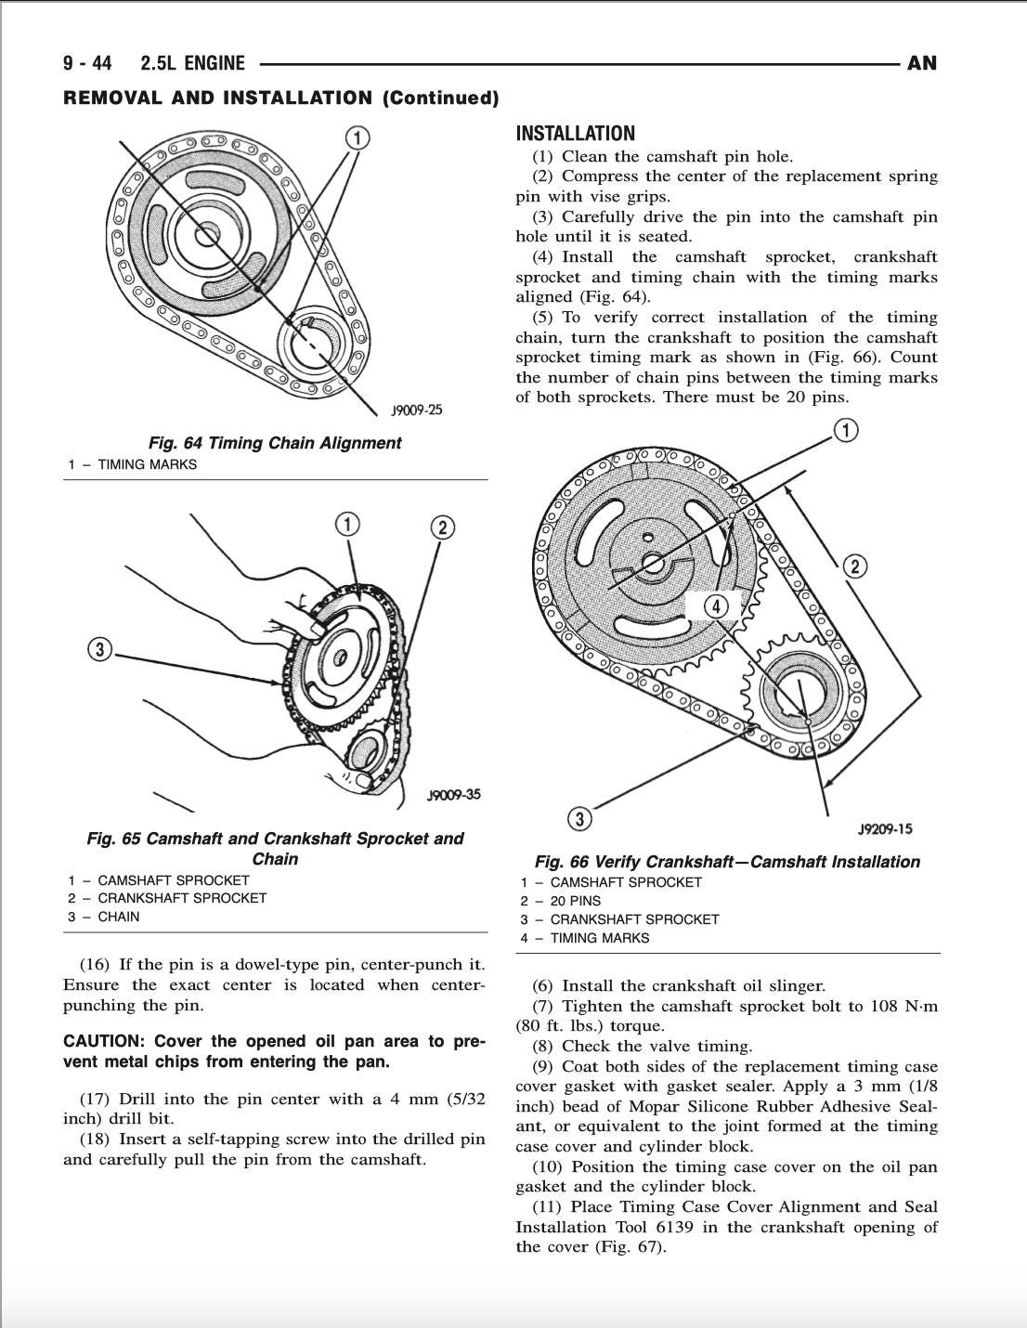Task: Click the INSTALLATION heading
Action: tap(575, 133)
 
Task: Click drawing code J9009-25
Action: tap(417, 410)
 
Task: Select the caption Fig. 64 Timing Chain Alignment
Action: tap(274, 443)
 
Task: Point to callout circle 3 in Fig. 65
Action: tap(100, 649)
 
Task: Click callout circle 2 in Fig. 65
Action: tap(443, 527)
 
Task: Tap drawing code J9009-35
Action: tap(453, 795)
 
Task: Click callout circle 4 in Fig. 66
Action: tap(716, 606)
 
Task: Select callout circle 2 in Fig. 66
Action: tap(854, 566)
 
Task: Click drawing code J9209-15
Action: tap(884, 829)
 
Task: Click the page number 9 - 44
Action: tap(88, 63)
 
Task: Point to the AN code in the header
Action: tap(921, 63)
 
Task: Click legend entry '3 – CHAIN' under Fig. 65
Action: tap(103, 917)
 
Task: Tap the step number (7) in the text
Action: tap(544, 1006)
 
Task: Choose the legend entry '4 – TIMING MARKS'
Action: tap(585, 938)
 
